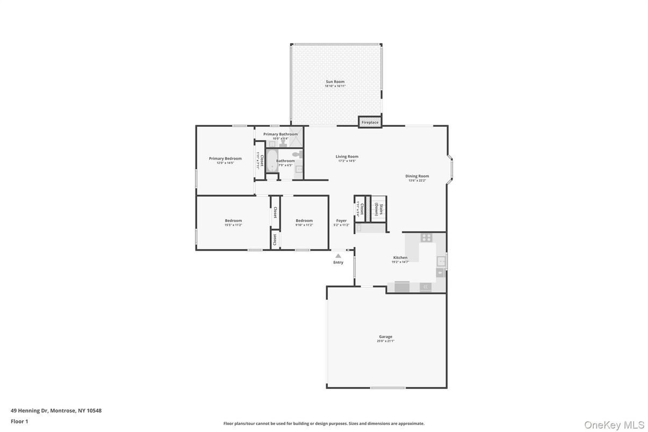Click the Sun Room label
click(335, 82)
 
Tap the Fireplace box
click(370, 122)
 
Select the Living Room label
click(347, 156)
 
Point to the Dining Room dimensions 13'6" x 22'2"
click(417, 181)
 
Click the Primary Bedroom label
click(225, 159)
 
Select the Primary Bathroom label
click(280, 134)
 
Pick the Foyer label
click(341, 220)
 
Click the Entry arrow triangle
click(338, 256)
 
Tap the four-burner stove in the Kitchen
click(427, 237)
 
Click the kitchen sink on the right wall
click(441, 262)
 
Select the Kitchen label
click(400, 257)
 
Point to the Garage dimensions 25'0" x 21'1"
click(386, 341)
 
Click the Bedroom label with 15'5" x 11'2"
click(233, 220)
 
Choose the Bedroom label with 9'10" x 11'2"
click(304, 220)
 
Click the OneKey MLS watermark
click(614, 425)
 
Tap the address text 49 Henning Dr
click(30, 411)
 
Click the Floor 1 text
click(19, 421)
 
